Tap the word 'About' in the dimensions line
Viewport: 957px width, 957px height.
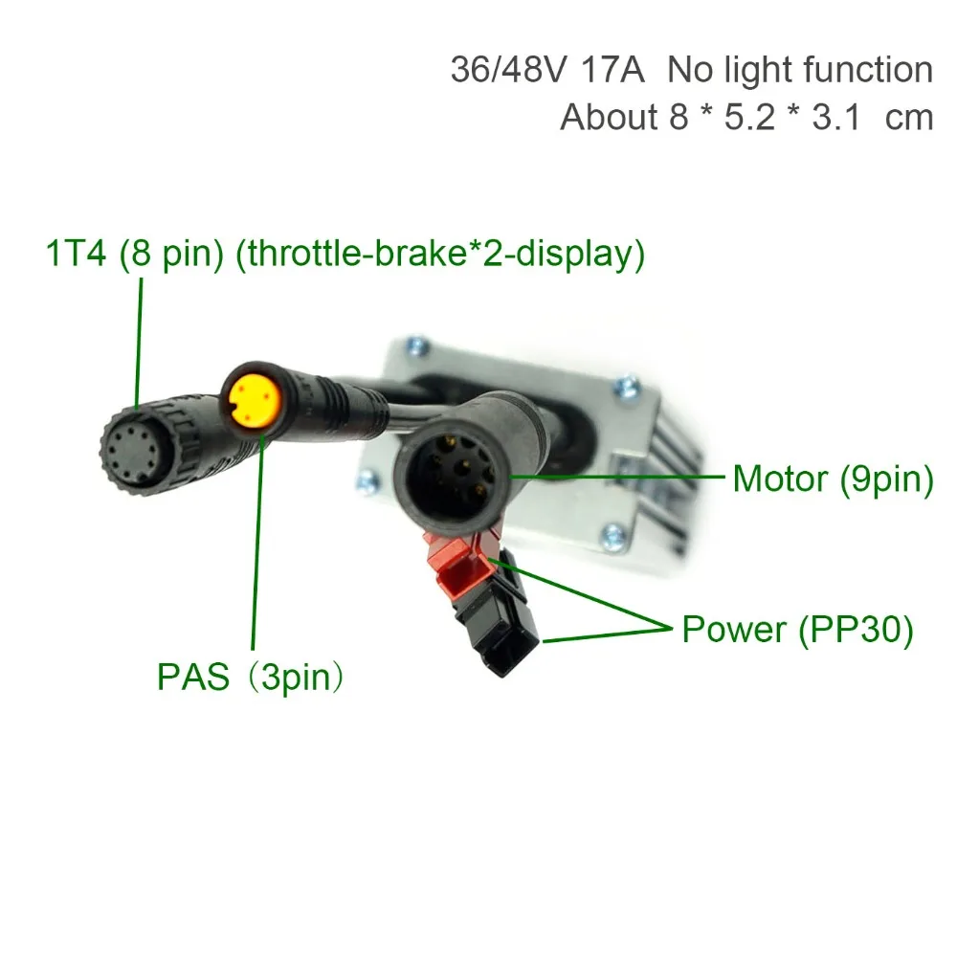610,118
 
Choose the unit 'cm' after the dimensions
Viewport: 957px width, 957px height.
909,118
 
